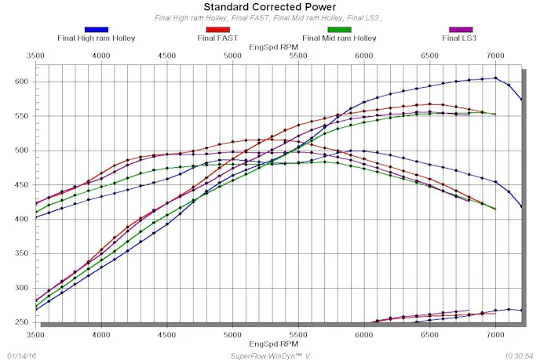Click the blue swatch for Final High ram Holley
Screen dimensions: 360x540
click(96, 30)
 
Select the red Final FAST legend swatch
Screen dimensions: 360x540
click(218, 30)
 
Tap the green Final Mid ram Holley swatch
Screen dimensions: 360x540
click(340, 30)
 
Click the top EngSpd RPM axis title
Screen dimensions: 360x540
click(270, 47)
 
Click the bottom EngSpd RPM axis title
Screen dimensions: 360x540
click(270, 344)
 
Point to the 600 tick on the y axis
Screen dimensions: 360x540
click(21, 82)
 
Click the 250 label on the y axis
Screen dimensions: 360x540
click(21, 322)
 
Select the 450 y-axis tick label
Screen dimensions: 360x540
click(21, 184)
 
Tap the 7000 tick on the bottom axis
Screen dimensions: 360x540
click(494, 334)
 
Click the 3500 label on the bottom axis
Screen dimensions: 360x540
click(35, 334)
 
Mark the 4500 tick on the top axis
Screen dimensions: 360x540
click(166, 56)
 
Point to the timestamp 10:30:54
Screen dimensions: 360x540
click(519, 355)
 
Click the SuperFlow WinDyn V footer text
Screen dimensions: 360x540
click(269, 355)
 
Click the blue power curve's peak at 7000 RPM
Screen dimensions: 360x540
click(495, 78)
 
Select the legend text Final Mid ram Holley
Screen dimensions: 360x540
click(340, 37)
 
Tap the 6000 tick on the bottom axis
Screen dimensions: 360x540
click(363, 334)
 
